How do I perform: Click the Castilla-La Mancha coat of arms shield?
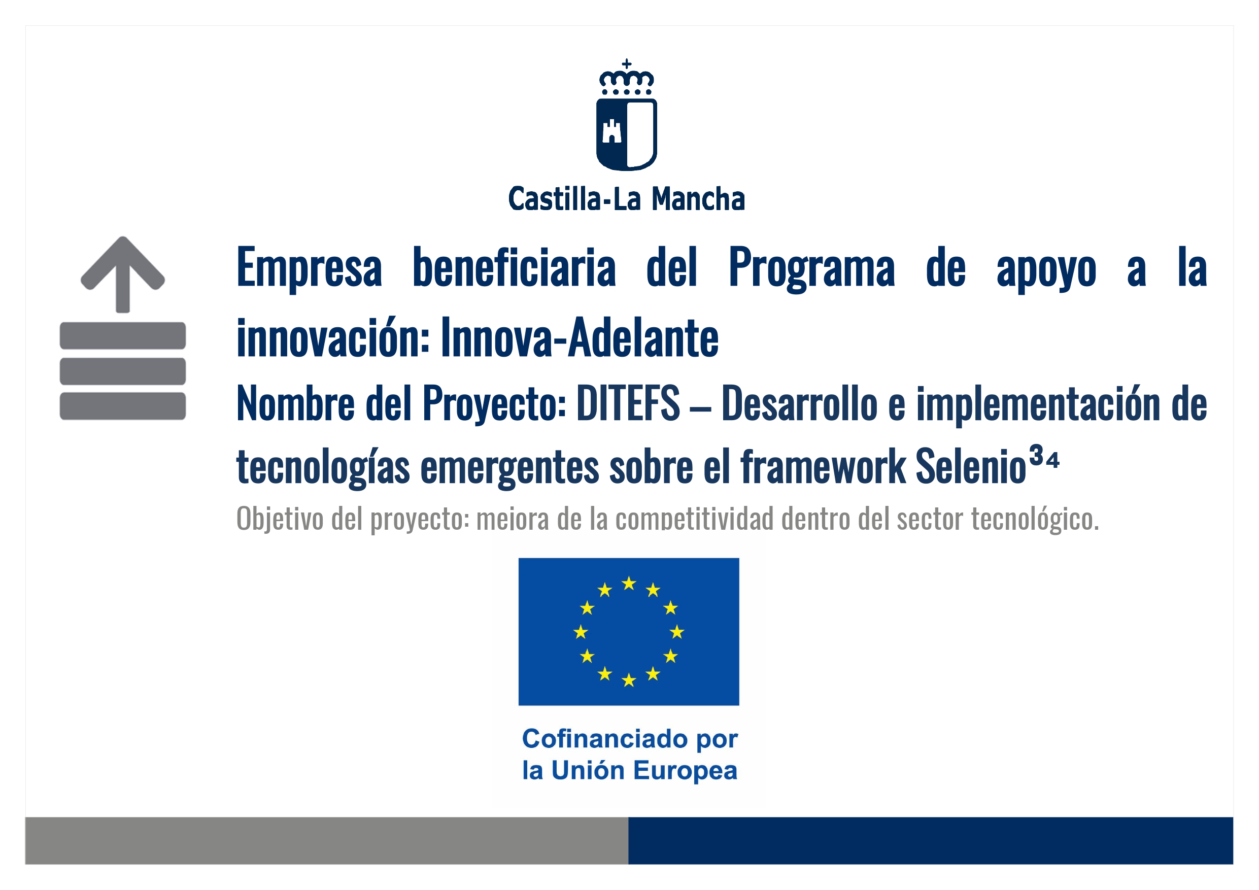626,134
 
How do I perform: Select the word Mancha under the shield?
698,198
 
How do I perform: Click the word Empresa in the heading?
309,268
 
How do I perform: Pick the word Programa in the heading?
811,268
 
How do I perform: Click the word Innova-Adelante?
580,337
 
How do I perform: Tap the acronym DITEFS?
628,403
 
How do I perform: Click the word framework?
824,466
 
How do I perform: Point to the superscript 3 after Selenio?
1036,455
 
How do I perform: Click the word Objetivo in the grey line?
280,518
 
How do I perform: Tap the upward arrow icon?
123,274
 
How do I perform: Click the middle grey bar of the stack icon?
123,371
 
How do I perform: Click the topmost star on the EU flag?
629,583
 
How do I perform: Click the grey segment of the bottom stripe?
326,841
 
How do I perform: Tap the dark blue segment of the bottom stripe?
931,841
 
